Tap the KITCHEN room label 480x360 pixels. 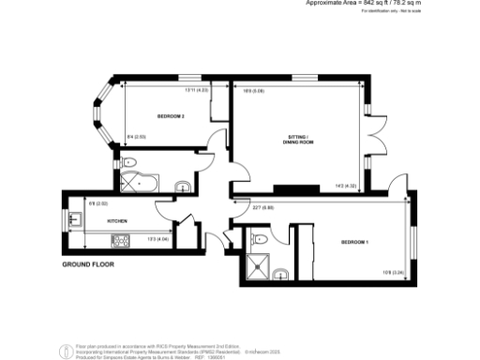tap(117, 221)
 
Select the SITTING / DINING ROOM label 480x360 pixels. tap(297, 142)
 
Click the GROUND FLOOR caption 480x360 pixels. tap(88, 265)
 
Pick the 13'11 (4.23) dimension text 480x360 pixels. tap(196, 90)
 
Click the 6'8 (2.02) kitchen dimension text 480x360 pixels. tap(98, 202)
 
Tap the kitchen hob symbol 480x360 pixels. tap(122, 241)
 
